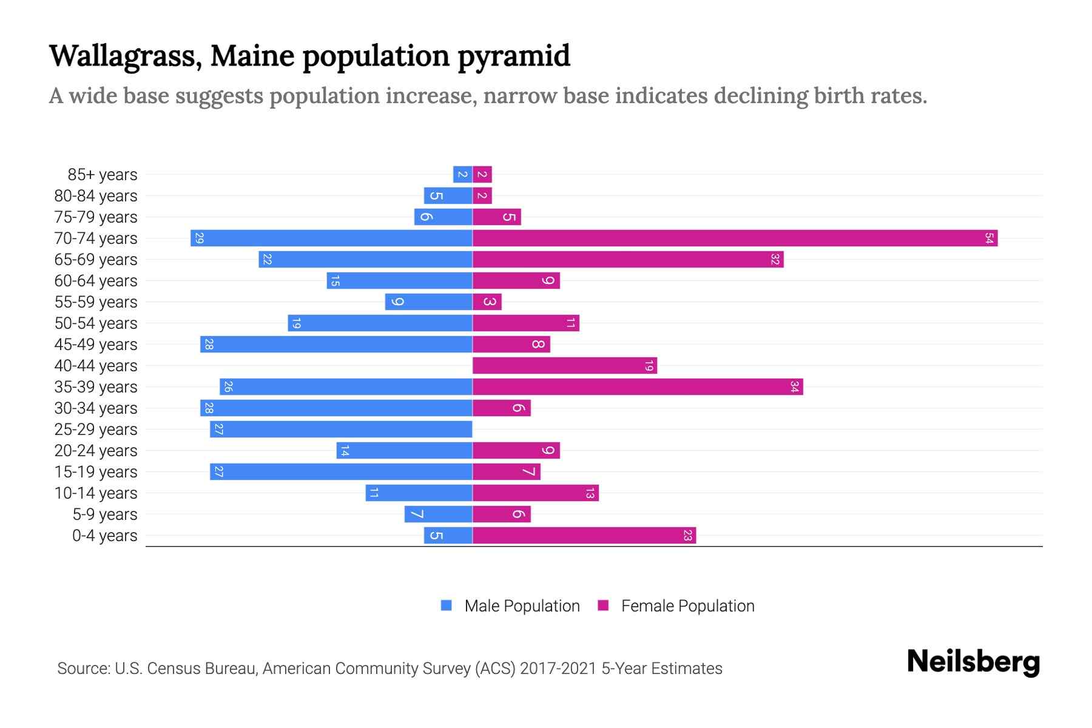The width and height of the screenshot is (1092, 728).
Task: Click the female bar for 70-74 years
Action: (x=734, y=238)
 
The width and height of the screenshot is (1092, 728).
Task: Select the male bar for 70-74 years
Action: (x=331, y=238)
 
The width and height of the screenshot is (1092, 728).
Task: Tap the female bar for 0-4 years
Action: (x=584, y=536)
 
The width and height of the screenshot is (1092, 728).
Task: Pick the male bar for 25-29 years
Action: (x=341, y=430)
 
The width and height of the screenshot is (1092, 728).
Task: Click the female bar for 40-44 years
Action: (x=564, y=366)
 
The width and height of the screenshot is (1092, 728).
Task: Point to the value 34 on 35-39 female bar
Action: (x=794, y=387)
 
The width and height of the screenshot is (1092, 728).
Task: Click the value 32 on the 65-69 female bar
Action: (x=775, y=260)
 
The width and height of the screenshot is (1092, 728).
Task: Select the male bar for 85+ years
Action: (x=462, y=175)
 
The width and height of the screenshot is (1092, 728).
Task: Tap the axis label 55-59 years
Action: (x=96, y=302)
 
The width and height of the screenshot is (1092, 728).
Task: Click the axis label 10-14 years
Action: (x=96, y=493)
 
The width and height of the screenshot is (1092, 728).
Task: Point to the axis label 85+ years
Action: (x=103, y=175)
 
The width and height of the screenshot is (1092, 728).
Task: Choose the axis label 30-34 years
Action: (x=96, y=408)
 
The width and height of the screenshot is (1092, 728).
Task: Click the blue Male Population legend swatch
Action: (x=447, y=605)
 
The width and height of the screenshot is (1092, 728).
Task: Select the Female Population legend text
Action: (x=687, y=606)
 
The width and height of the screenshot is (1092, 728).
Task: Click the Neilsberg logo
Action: (x=973, y=662)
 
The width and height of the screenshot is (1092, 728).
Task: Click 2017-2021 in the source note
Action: (x=558, y=669)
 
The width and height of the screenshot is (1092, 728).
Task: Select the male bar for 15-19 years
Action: (x=341, y=472)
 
